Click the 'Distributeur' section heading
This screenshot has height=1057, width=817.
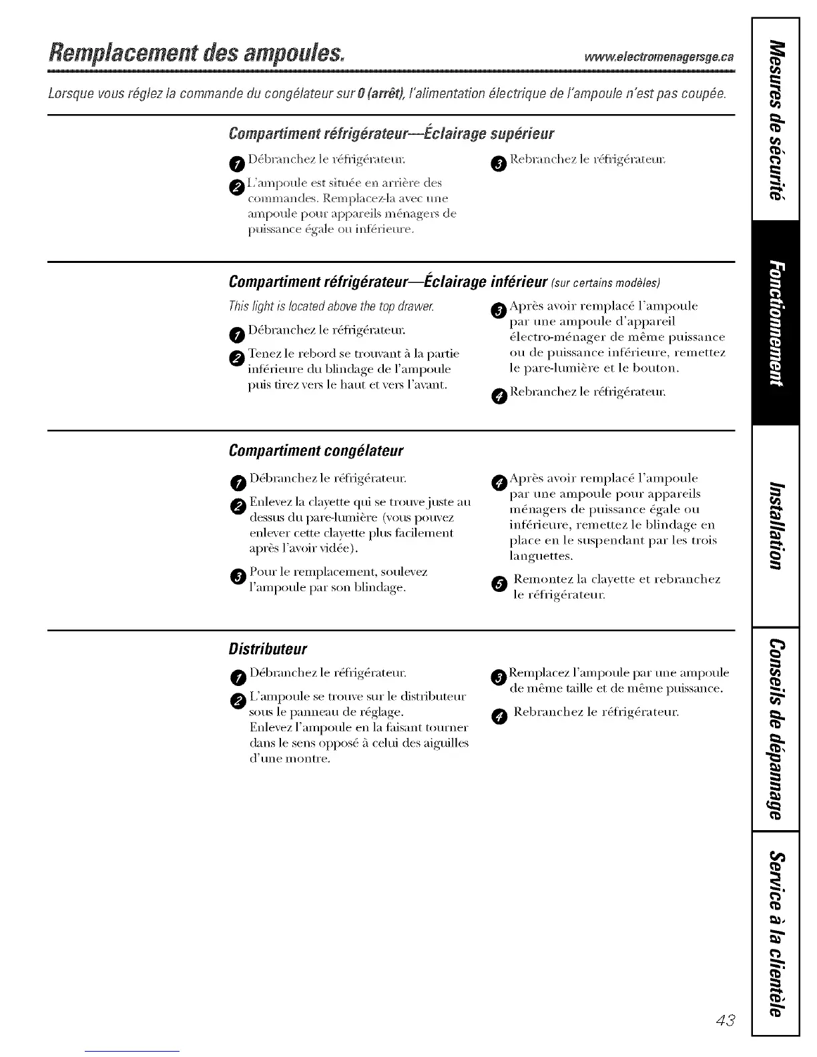tap(268, 649)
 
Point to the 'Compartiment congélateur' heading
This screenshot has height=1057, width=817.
tap(316, 450)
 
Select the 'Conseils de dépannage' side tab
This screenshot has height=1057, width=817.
tap(775, 729)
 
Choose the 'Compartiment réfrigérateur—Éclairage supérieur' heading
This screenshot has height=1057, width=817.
tap(391, 133)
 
